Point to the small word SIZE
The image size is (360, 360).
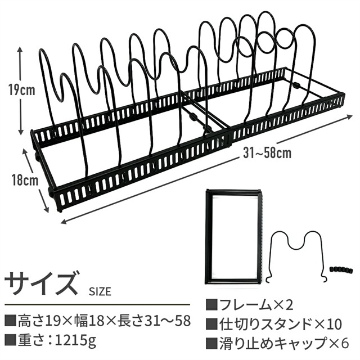click(100, 291)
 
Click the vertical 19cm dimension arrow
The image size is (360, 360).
click(21, 90)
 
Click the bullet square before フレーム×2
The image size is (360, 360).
click(211, 305)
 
